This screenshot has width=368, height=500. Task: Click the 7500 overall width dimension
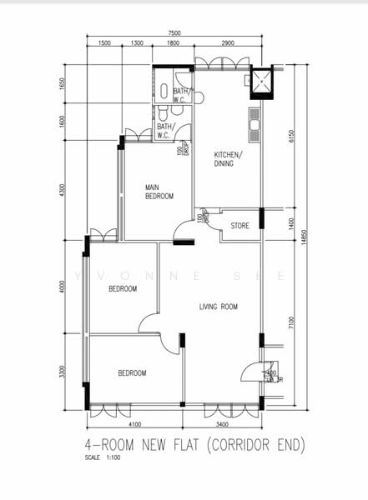tap(174, 33)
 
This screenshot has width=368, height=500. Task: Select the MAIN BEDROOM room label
tap(159, 192)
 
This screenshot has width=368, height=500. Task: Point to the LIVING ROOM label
tap(219, 307)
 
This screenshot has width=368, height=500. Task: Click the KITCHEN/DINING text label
tap(228, 160)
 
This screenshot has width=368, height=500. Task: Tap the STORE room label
tap(240, 225)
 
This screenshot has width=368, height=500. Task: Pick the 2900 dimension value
tap(221, 43)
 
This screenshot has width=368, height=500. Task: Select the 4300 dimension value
tap(63, 191)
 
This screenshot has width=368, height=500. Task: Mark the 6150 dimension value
tap(290, 136)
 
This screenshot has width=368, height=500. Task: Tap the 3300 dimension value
tap(63, 370)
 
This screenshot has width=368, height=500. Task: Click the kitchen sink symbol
tap(255, 127)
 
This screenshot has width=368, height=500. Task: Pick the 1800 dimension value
tap(173, 43)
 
